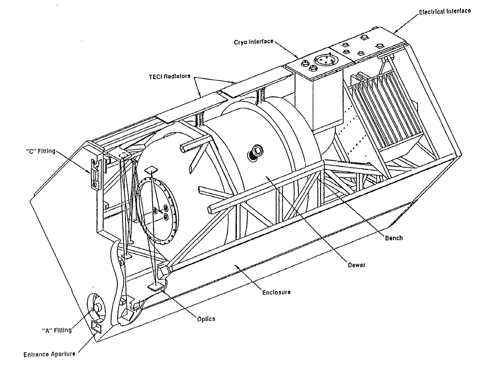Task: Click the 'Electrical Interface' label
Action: (445, 11)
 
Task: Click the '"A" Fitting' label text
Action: (57, 331)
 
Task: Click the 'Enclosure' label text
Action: (276, 292)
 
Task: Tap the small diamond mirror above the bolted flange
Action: (151, 169)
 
